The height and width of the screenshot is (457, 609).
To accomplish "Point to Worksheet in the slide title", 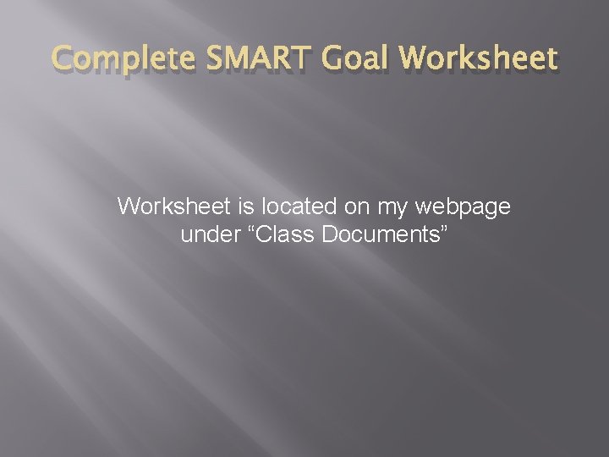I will click(479, 58).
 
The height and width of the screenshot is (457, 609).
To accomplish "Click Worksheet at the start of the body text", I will click(172, 206).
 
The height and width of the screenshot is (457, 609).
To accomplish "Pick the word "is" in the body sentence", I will click(243, 206).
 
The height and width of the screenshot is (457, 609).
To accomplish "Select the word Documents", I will click(380, 235).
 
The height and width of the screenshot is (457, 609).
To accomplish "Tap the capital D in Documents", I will click(332, 235).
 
